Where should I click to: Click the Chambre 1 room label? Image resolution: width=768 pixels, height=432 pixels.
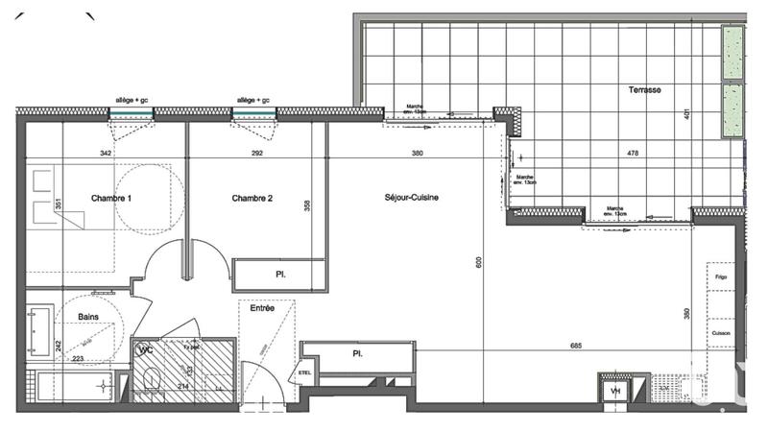[x=111, y=199]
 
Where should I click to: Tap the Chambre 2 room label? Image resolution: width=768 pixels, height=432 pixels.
[x=252, y=199]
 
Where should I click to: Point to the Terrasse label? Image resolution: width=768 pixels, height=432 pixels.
[x=645, y=90]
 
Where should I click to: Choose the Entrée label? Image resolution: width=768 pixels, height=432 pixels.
[x=262, y=308]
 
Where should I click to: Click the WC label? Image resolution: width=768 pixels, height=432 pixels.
[x=147, y=350]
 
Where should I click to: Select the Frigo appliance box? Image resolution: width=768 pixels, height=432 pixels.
[x=721, y=278]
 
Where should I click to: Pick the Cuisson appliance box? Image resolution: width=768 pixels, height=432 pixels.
[x=721, y=333]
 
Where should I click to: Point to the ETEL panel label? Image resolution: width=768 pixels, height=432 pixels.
[x=306, y=372]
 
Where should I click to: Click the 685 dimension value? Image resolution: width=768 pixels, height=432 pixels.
[x=577, y=346]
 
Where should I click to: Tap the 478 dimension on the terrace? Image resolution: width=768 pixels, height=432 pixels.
[x=633, y=154]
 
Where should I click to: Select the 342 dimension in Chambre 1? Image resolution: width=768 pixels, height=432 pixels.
[x=106, y=154]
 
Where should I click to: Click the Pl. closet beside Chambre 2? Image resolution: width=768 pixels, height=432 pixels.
[x=280, y=275]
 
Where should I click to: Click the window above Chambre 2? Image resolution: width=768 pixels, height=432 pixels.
[x=254, y=113]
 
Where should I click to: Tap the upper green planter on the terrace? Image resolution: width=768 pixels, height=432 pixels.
[x=733, y=53]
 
